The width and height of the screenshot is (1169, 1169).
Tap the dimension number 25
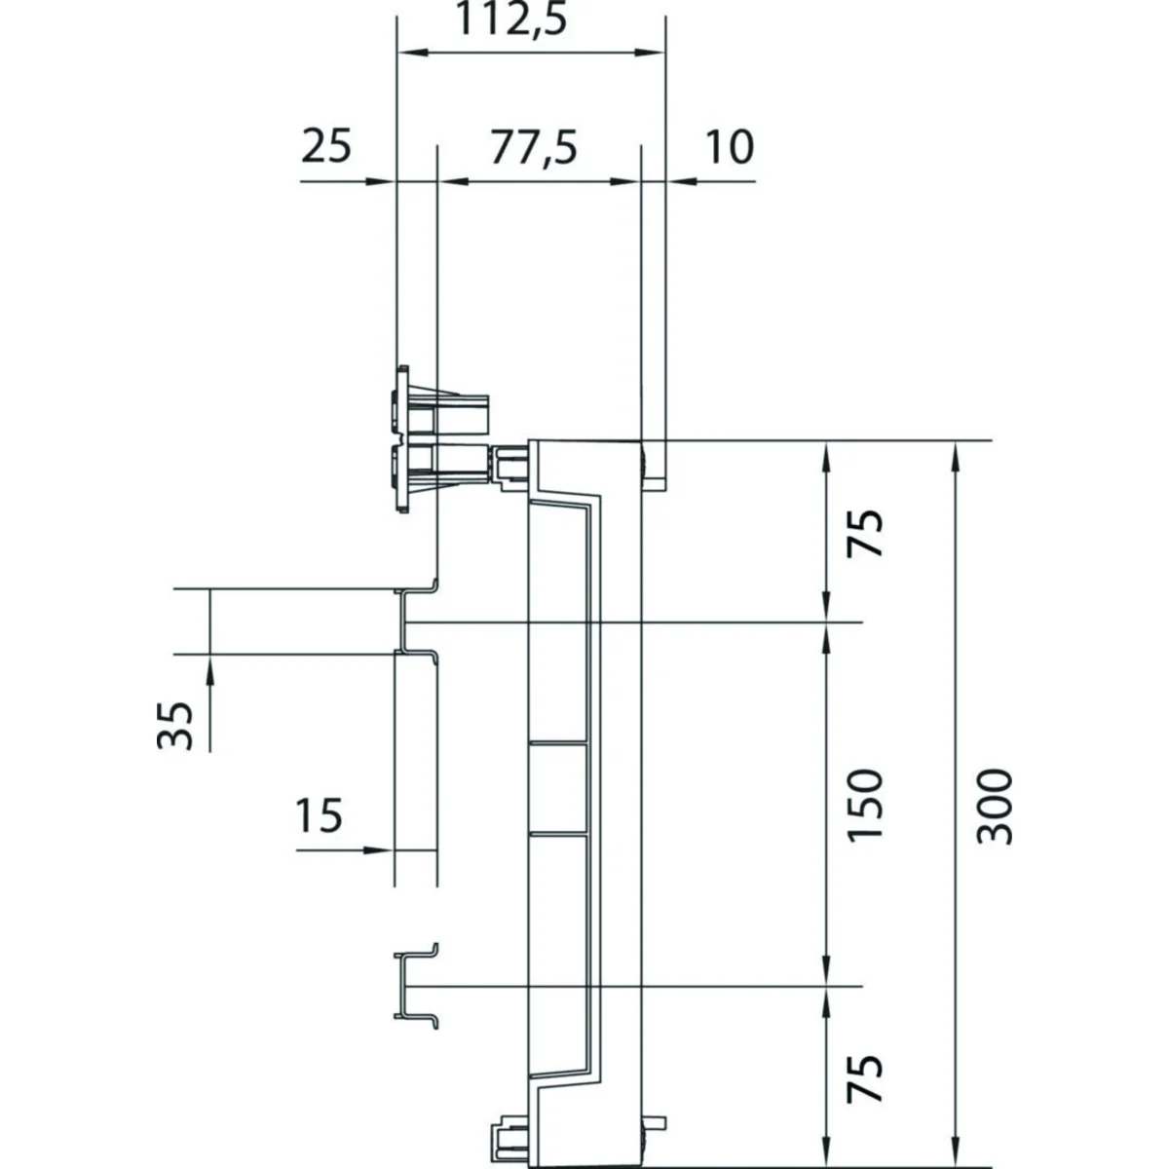325,149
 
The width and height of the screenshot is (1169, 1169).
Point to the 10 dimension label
729,149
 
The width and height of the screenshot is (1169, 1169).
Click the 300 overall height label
995,806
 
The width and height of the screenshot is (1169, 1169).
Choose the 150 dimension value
865,806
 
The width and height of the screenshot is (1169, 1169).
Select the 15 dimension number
320,815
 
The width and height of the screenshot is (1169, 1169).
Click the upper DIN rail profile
417,622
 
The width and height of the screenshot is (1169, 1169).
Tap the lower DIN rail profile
415,984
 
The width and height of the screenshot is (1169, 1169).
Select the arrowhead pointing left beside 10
679,181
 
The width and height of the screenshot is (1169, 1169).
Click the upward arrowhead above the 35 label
209,666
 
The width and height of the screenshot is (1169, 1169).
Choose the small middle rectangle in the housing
557,788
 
